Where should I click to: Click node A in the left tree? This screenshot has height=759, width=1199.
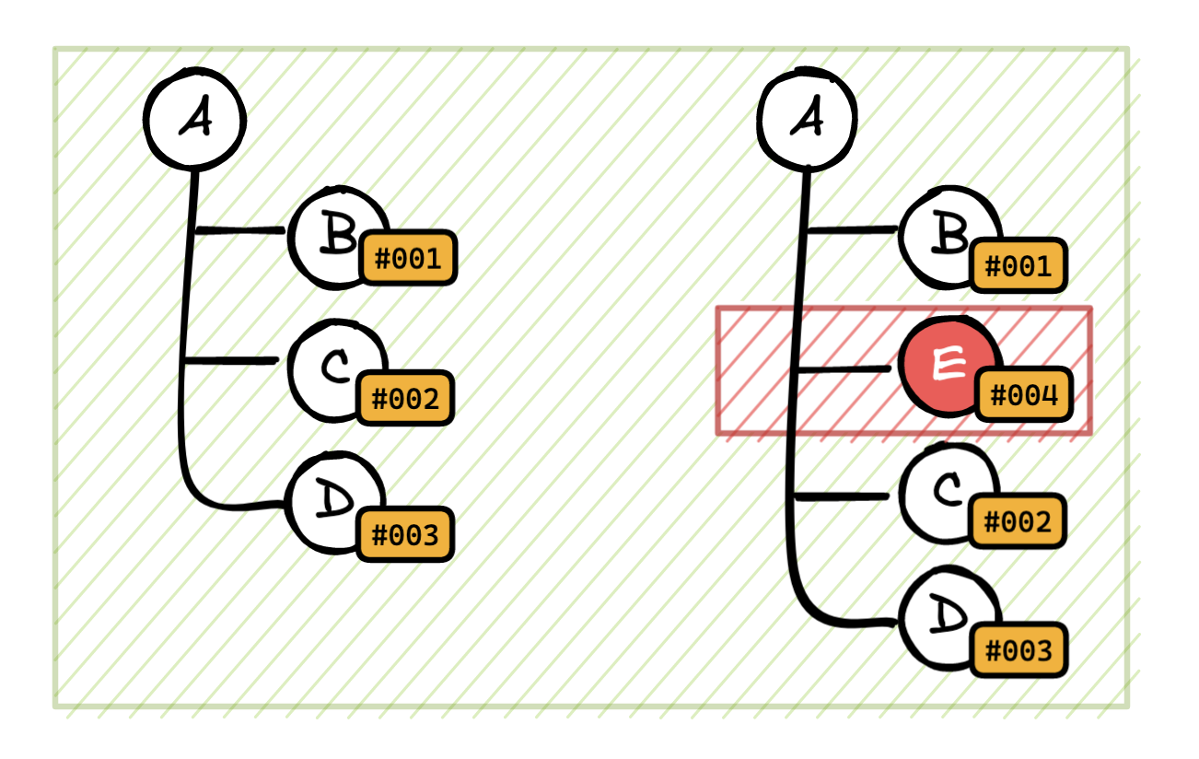194,120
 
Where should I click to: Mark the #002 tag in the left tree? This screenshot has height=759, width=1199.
405,399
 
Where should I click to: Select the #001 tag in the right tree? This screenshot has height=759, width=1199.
1019,266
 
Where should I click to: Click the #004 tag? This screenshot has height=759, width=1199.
1024,396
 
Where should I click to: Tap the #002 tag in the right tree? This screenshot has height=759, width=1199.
1019,521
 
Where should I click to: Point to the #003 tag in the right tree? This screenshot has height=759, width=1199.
1019,650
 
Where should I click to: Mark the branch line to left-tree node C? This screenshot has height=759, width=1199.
230,361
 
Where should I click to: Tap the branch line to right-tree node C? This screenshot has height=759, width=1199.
843,497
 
